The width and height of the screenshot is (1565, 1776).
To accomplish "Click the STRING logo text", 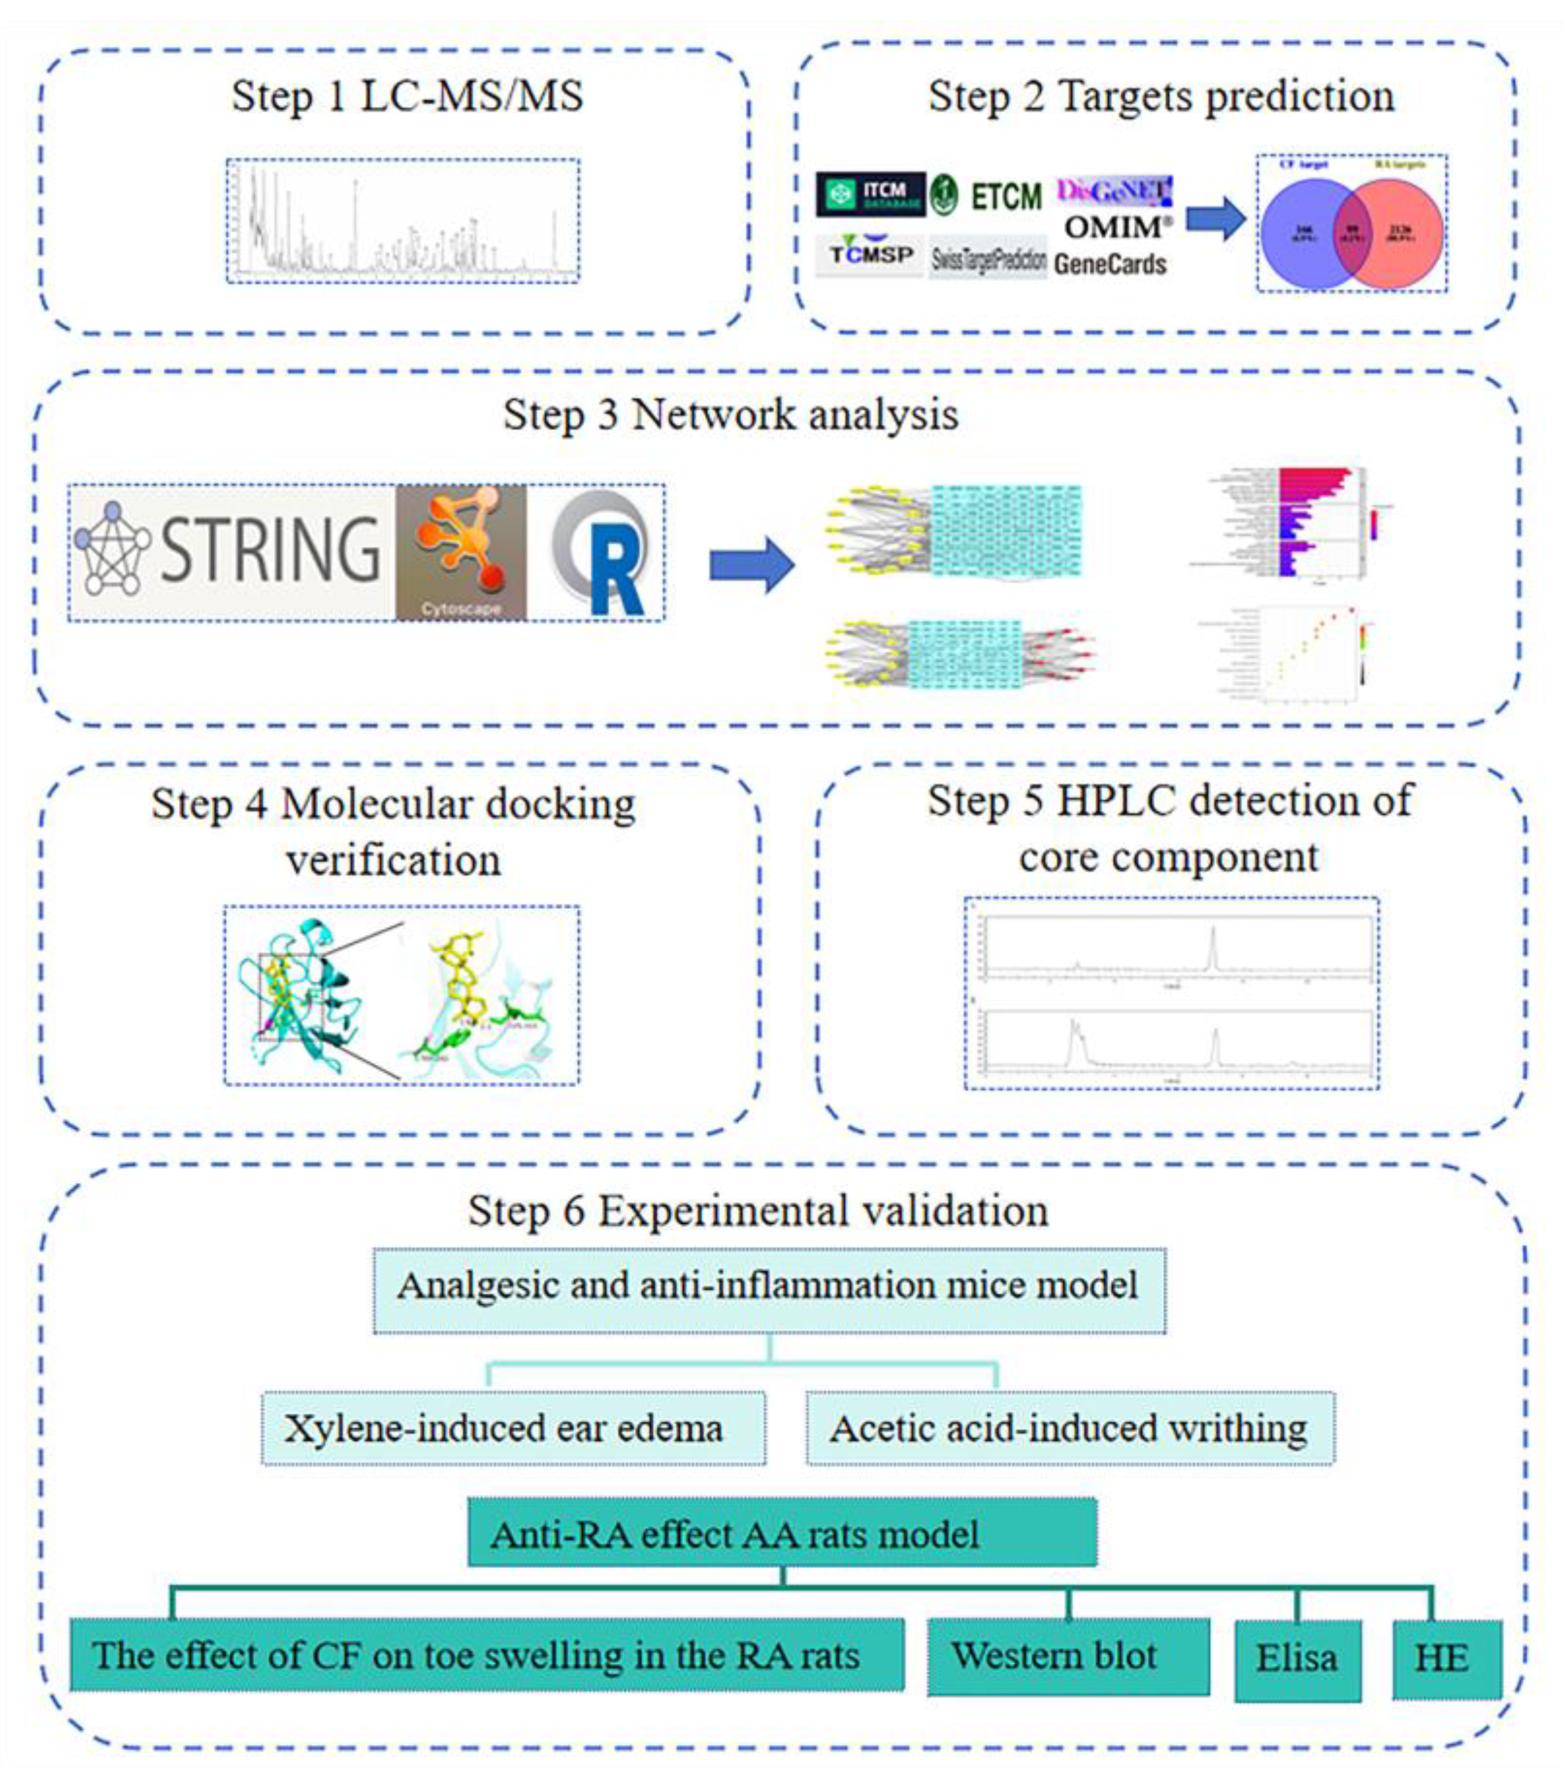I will [269, 549].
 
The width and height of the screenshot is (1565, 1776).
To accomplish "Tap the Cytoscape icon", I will [461, 552].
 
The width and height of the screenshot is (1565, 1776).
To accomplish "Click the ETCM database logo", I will [986, 194].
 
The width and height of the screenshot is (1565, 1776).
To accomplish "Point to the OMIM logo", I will [1116, 227].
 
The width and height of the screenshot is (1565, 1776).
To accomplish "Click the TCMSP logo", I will [870, 255].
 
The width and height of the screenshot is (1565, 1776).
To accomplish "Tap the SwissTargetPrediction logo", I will [988, 258].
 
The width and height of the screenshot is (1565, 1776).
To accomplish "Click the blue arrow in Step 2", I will [1215, 218].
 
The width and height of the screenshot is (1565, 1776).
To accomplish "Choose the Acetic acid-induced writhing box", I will [1069, 1429].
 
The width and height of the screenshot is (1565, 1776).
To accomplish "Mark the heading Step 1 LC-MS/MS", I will [406, 96].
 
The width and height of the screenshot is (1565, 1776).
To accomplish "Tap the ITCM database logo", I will [870, 194].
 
